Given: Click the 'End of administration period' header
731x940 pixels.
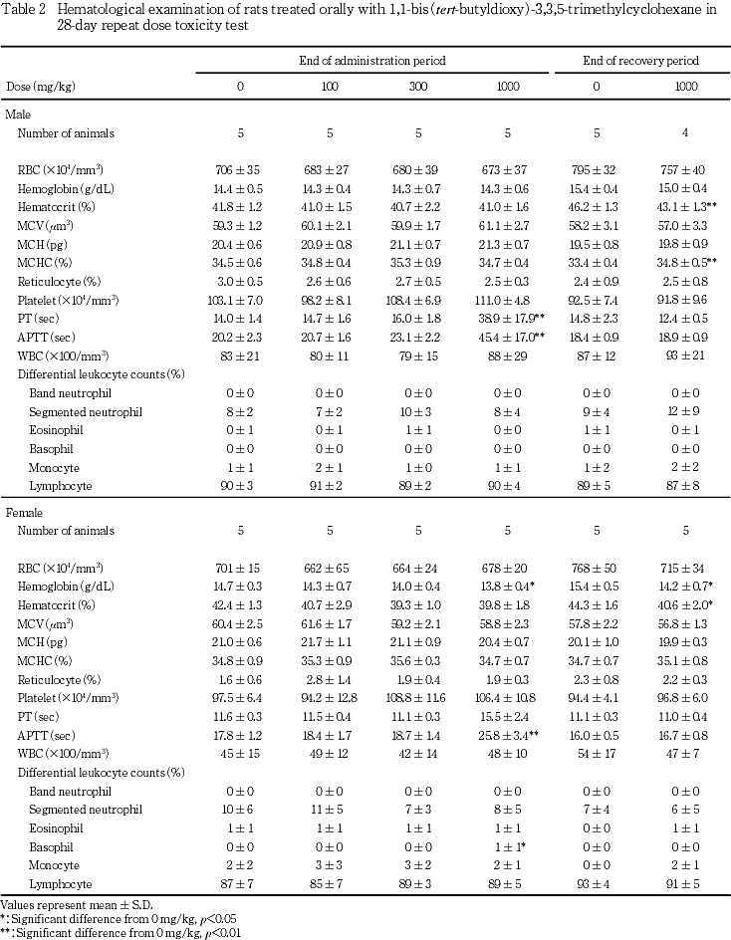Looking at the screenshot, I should coord(371,62).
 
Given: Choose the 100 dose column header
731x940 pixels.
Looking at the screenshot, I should coord(329,87).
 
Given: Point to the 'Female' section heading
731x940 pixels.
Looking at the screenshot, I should coord(23,512).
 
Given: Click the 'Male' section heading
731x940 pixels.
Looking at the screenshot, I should coord(18,116).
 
